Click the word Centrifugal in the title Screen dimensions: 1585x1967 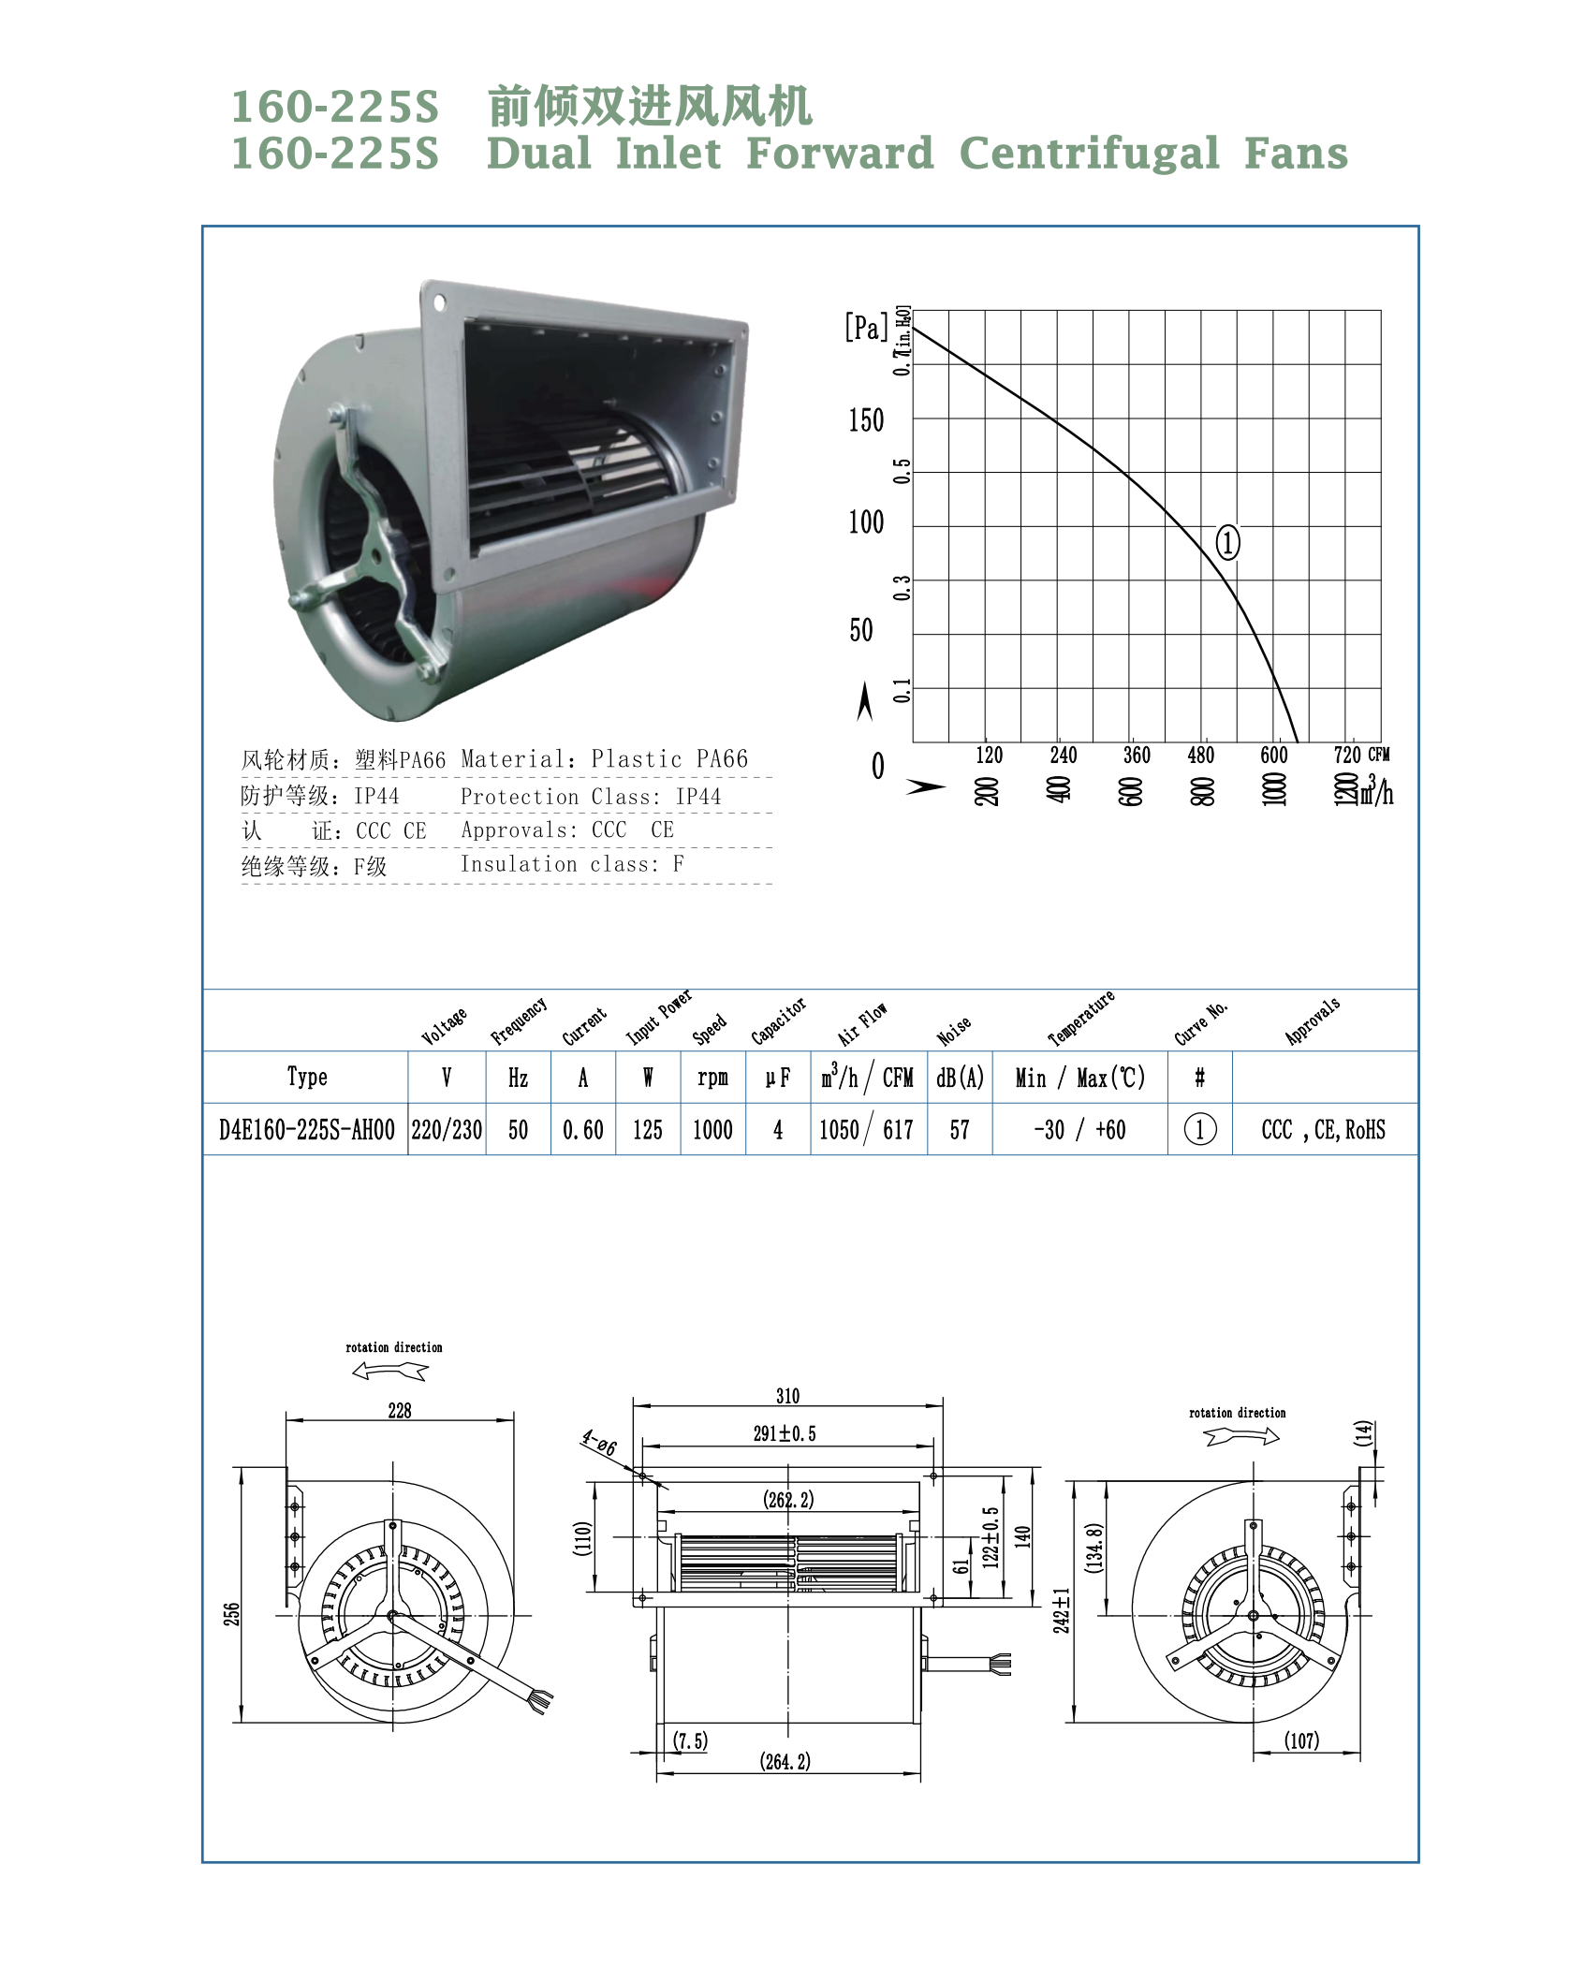click(1089, 154)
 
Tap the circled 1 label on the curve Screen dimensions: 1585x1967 click(1227, 542)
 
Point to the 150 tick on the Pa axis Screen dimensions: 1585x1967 click(866, 420)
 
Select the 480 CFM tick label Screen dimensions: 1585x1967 click(1200, 756)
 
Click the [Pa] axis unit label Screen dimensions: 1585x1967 click(866, 328)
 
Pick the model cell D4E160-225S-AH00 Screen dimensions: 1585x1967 click(307, 1130)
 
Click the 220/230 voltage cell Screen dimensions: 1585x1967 click(447, 1130)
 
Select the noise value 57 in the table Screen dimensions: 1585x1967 click(960, 1130)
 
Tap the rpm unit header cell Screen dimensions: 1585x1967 click(712, 1078)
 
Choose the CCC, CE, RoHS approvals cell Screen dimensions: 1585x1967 click(1323, 1130)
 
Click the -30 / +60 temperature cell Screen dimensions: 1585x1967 click(1079, 1130)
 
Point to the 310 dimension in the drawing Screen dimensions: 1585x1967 click(787, 1396)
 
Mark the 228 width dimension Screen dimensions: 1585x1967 click(400, 1410)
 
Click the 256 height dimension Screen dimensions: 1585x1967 click(232, 1614)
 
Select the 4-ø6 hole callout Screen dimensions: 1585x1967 click(599, 1443)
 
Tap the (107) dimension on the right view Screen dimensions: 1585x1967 click(1301, 1740)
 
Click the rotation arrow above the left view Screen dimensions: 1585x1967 click(390, 1372)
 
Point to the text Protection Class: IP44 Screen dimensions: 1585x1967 click(591, 797)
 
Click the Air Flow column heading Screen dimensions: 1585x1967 click(862, 1024)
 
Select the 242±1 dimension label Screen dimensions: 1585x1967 click(1062, 1610)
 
